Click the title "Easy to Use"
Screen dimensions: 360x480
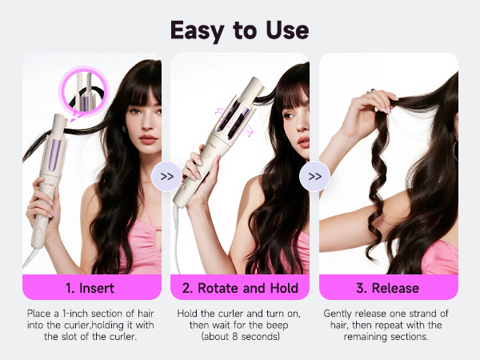(x=240, y=30)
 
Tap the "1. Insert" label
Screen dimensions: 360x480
(x=91, y=287)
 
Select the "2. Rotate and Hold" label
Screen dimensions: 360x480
(x=240, y=287)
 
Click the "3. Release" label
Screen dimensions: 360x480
(x=389, y=287)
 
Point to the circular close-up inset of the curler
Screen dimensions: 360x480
(x=83, y=90)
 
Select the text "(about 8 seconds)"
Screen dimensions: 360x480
(x=240, y=338)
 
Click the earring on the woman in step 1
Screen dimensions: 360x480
(x=125, y=129)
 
